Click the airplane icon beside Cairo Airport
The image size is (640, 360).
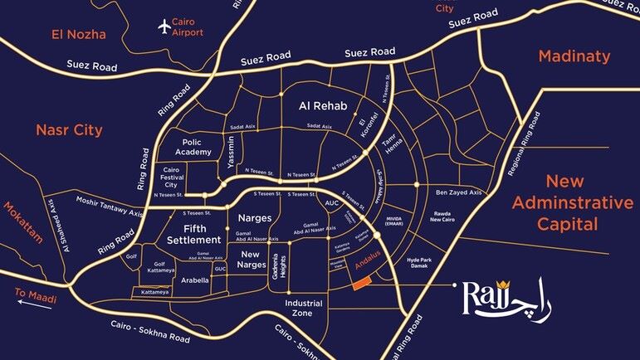pos(164,26)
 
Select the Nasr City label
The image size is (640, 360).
pos(69,130)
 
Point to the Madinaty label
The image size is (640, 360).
pos(574,56)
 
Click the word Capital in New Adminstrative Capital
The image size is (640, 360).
pos(568,224)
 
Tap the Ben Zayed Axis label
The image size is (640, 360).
pos(458,192)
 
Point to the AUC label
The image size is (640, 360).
pos(332,202)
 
